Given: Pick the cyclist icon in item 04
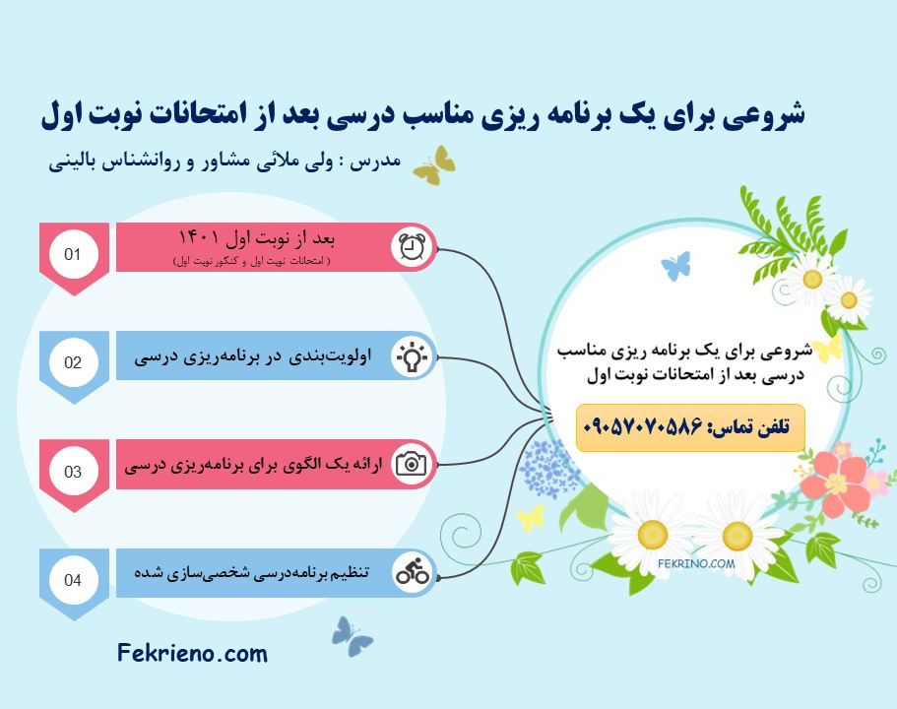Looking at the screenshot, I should tap(412, 572).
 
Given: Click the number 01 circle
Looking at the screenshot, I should tap(73, 254).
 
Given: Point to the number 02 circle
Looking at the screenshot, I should tap(73, 361).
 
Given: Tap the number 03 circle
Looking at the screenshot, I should tap(73, 471).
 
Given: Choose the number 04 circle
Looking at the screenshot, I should tap(73, 579).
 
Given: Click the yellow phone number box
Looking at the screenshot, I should tap(690, 428).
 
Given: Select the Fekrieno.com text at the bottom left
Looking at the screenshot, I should tap(192, 652).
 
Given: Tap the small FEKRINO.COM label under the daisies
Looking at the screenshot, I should tap(697, 564).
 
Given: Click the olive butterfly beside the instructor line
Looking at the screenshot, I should tap(434, 165).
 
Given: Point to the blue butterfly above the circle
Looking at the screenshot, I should tap(675, 265).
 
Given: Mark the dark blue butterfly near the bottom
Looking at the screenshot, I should tap(352, 635).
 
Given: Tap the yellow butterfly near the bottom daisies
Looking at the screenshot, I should tap(530, 517).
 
